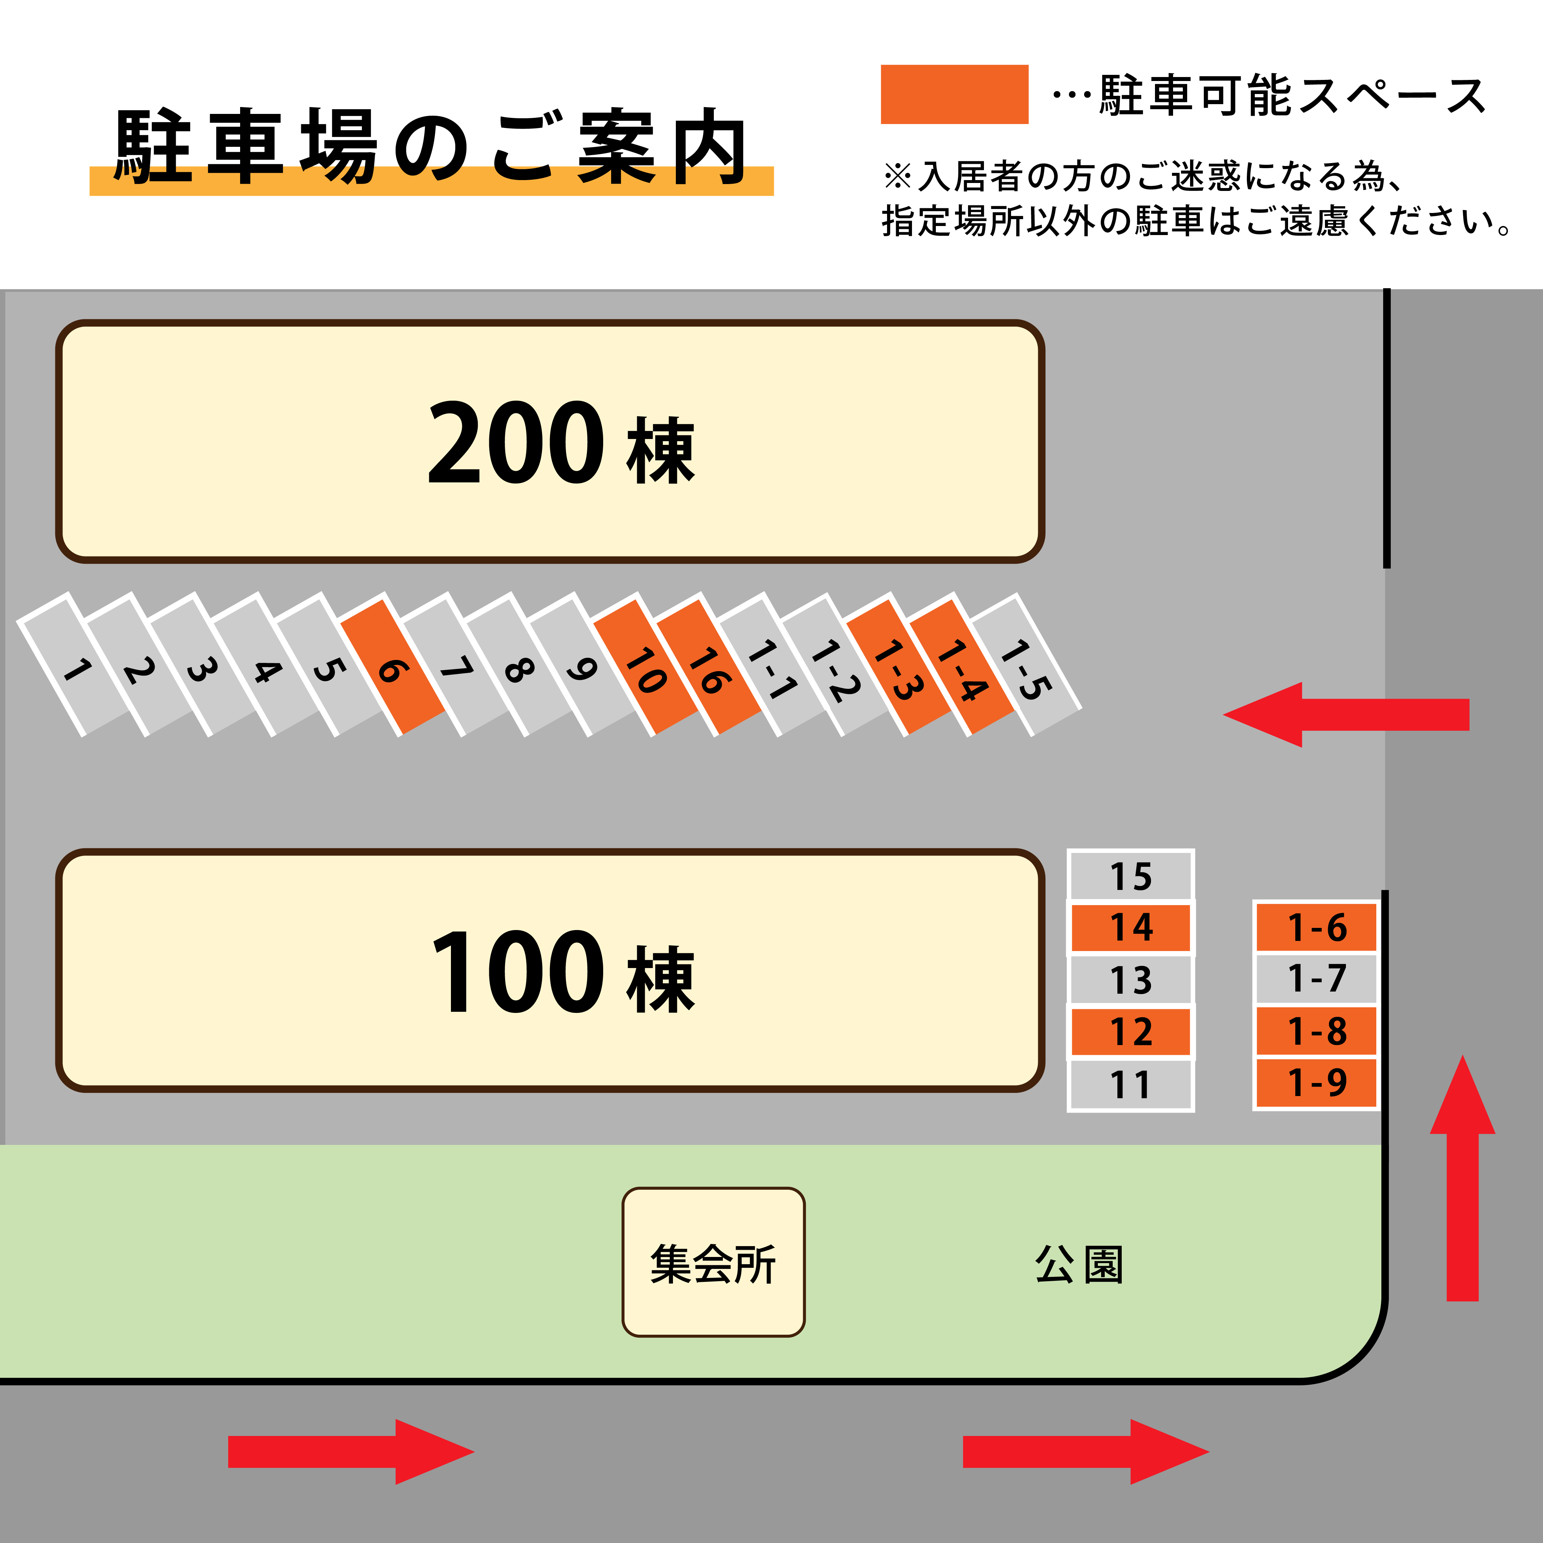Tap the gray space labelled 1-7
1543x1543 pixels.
(x=1316, y=979)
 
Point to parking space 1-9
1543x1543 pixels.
(x=1316, y=1083)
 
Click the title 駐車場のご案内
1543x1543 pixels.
(x=431, y=148)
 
